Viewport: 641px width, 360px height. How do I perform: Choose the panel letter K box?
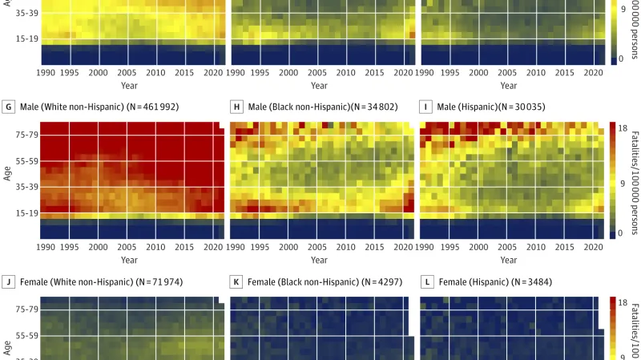tap(236, 282)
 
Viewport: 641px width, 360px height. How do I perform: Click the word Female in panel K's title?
tap(264, 282)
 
